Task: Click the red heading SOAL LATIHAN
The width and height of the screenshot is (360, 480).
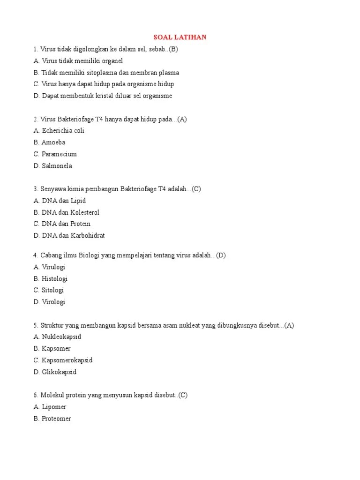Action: coord(180,37)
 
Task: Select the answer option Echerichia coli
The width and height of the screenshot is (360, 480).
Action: coord(63,131)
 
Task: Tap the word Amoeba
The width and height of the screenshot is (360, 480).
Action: coord(53,142)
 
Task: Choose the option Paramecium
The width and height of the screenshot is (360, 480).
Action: coord(59,154)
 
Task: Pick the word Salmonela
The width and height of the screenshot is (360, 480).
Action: coord(57,166)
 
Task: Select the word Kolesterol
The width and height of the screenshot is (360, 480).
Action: coord(85,212)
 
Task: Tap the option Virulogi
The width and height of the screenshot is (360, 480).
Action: coord(53,267)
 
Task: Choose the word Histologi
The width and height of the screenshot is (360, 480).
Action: coord(54,279)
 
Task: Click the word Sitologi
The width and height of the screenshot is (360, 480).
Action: coord(52,291)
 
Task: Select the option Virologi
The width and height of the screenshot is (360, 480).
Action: coord(53,302)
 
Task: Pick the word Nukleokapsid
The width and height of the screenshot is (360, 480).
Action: coord(62,337)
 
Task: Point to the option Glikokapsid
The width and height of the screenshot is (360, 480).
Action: coord(59,372)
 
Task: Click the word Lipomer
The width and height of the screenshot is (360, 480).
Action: coord(54,407)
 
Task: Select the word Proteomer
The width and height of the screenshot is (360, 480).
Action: coord(56,419)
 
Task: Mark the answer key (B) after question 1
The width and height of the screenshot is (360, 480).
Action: coord(173,49)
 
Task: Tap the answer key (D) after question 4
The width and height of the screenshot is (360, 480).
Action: coord(221,255)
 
